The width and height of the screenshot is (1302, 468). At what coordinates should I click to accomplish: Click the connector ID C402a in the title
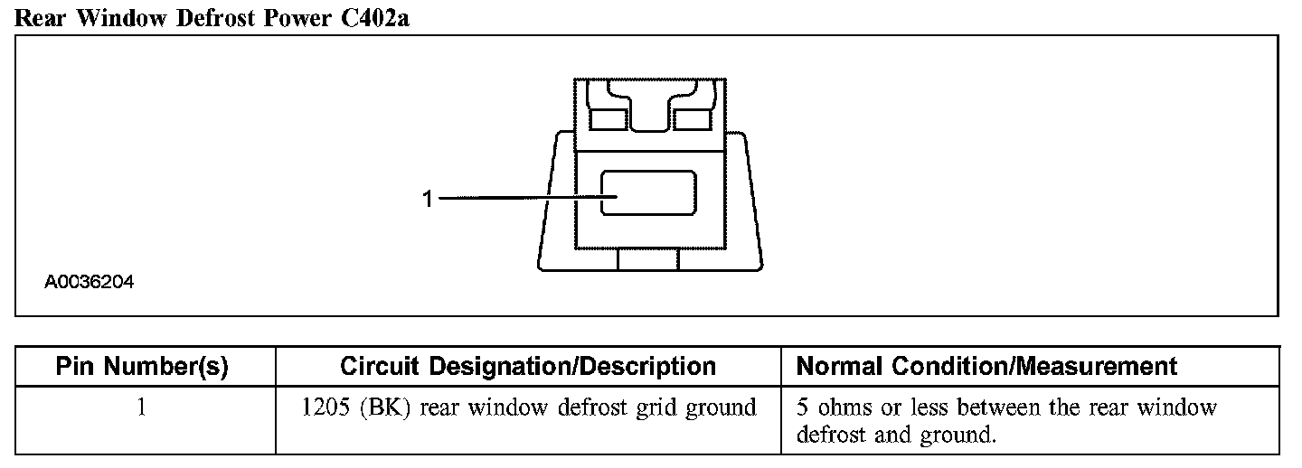click(x=371, y=18)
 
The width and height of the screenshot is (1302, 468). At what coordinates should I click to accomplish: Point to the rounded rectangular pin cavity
click(x=648, y=192)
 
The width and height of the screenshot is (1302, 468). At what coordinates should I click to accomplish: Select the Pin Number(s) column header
click(x=142, y=366)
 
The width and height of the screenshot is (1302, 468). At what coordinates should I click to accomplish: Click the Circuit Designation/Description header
click(x=528, y=366)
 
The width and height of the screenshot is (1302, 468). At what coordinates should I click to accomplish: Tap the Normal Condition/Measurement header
click(x=986, y=366)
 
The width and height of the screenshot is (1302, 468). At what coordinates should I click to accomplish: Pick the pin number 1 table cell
click(x=142, y=407)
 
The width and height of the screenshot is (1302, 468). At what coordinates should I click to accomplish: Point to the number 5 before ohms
click(x=802, y=407)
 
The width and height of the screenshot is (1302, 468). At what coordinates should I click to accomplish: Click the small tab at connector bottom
click(x=648, y=260)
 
